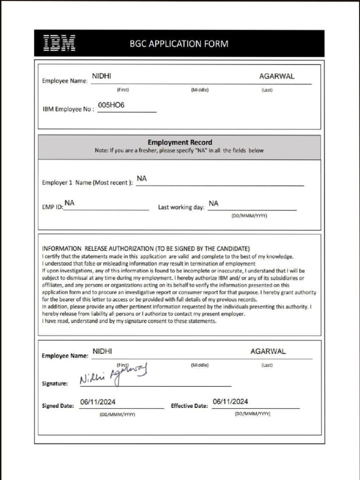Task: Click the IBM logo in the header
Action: tap(59, 43)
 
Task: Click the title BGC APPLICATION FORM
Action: tap(179, 44)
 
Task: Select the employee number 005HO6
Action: tap(111, 105)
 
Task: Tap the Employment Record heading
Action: tap(180, 142)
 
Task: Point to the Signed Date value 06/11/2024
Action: tap(98, 402)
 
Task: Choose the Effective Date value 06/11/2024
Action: tap(230, 401)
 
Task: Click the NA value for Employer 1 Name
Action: tap(142, 179)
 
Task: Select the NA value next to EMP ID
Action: tap(69, 202)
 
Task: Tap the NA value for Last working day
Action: tap(213, 203)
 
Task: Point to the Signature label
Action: tap(55, 383)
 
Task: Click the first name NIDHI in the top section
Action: tap(101, 76)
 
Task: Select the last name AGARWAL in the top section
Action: tap(277, 76)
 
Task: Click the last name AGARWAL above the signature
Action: tap(268, 351)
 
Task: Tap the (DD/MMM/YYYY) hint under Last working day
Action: tap(249, 216)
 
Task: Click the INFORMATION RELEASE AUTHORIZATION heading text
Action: tap(146, 248)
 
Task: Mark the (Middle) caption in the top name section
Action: tap(200, 90)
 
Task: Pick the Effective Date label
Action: tap(189, 406)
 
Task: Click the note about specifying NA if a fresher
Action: tap(179, 151)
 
